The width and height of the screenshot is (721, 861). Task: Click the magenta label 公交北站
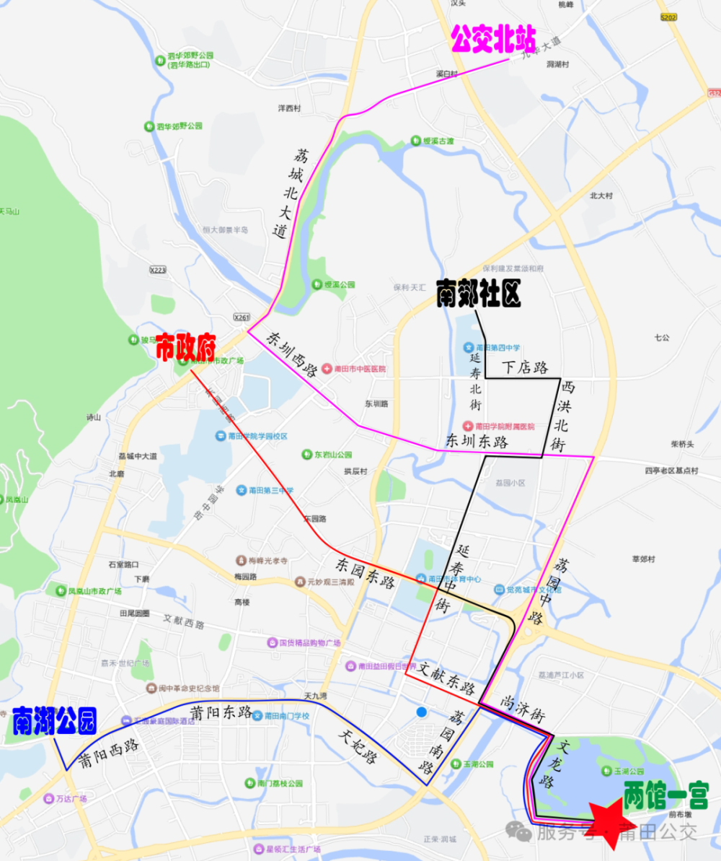[x=494, y=40]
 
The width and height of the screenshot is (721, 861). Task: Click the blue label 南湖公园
[x=54, y=720]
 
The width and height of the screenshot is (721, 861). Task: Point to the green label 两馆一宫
[x=666, y=795]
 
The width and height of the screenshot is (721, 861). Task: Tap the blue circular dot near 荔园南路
[x=422, y=713]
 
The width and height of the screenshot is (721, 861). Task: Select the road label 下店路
[x=526, y=368]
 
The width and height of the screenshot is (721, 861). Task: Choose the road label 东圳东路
[x=477, y=442]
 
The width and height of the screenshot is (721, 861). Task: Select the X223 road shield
[x=158, y=269]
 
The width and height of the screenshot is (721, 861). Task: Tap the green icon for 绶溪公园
[x=317, y=284]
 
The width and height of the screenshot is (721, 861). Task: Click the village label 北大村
[x=601, y=196]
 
